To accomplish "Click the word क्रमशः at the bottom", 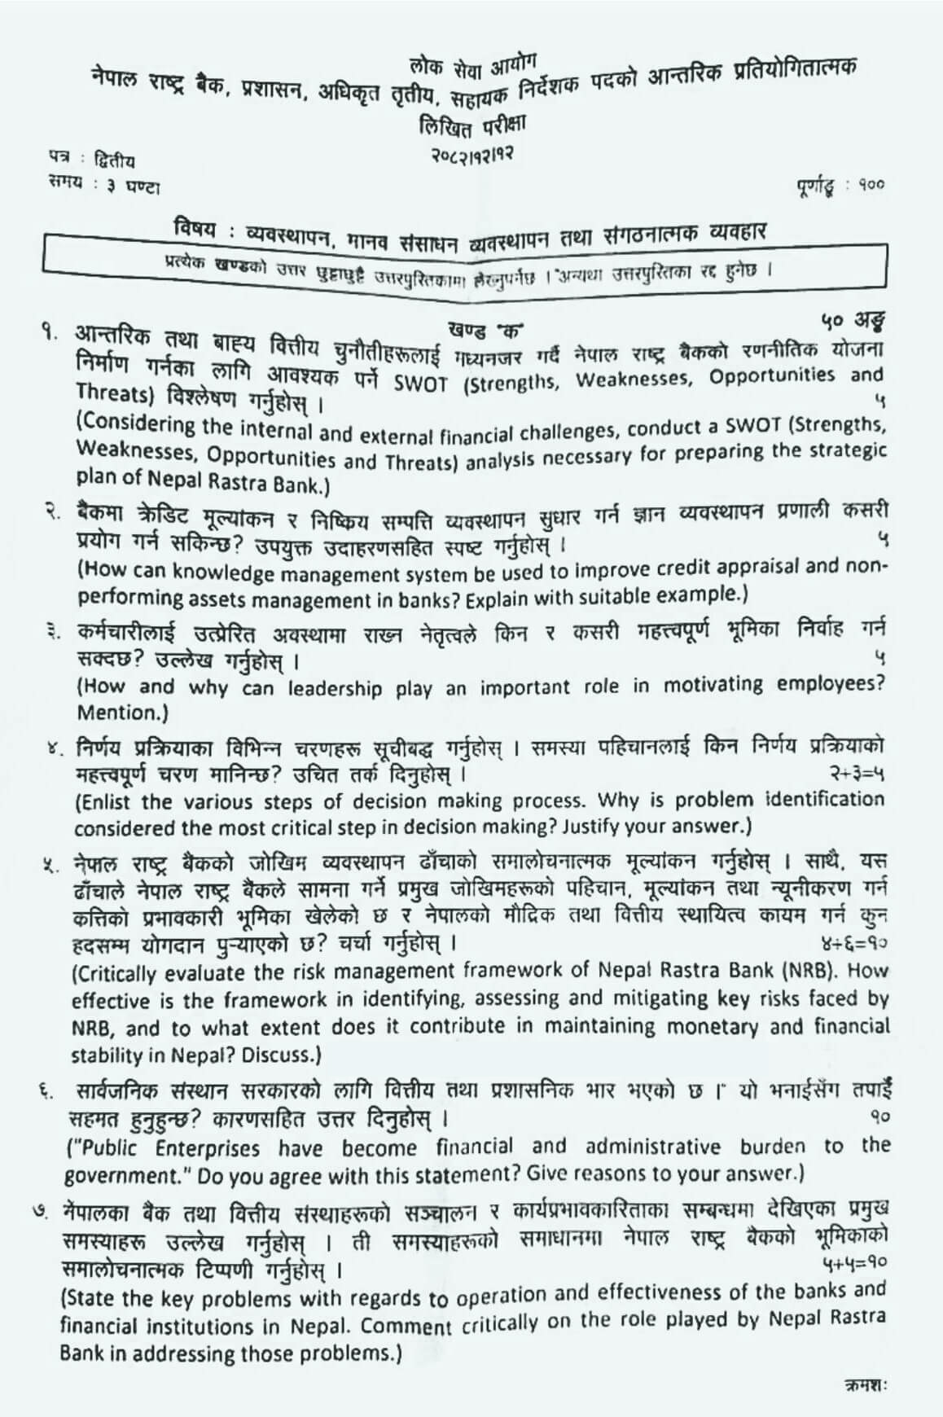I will click(865, 1384).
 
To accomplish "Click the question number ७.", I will click(49, 1208).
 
